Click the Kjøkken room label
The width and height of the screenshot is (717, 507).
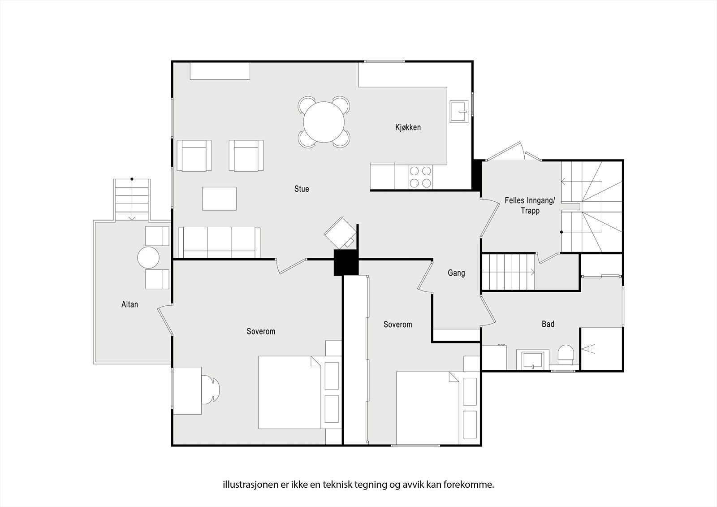(408, 127)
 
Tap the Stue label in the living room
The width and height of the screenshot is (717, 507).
(302, 189)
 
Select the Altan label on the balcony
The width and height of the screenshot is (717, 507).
(130, 304)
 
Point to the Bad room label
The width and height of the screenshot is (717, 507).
(548, 324)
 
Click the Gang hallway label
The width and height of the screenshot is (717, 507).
(456, 273)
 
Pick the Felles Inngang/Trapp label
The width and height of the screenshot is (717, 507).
(530, 206)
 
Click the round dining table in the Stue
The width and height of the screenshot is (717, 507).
(324, 122)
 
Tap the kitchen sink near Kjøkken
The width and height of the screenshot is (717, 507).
(459, 111)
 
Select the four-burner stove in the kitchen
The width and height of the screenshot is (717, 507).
(420, 177)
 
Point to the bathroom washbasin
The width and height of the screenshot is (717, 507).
(532, 360)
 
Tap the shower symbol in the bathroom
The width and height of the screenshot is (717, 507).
(588, 349)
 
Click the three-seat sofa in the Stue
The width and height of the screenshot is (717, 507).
(219, 243)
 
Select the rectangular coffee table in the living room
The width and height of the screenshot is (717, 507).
(219, 199)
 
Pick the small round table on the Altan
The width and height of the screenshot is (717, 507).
(148, 258)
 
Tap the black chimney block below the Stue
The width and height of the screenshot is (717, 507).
(346, 263)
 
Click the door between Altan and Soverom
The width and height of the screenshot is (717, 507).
(165, 320)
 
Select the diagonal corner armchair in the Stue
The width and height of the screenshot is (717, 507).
(340, 233)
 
